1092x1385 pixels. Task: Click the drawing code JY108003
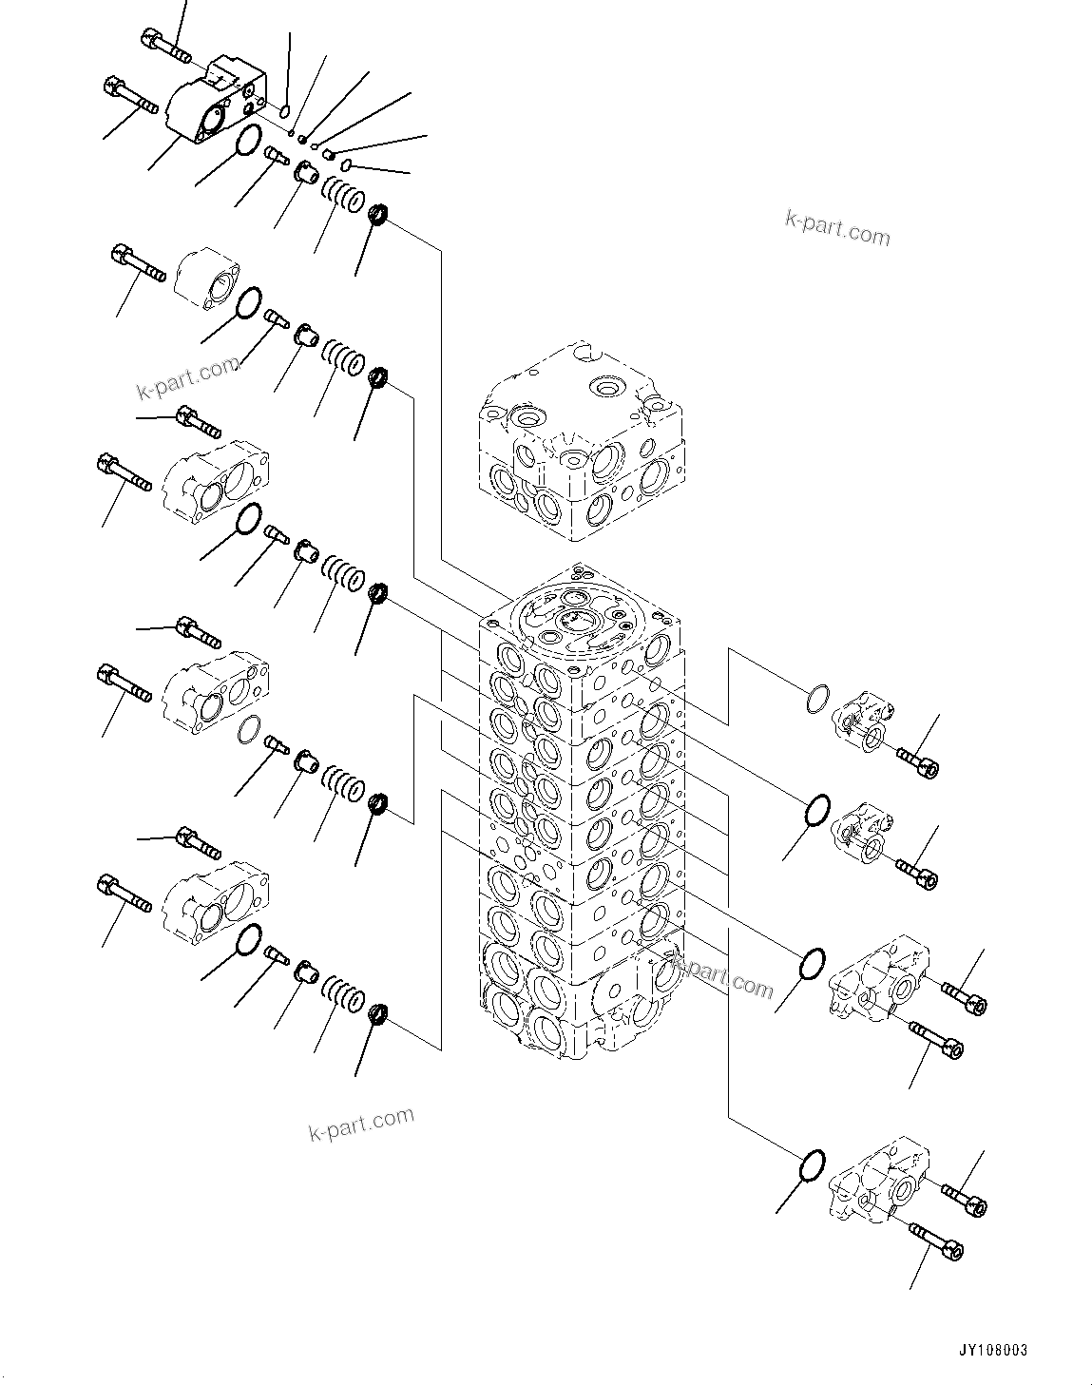(993, 1350)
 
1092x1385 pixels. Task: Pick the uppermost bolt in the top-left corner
(165, 45)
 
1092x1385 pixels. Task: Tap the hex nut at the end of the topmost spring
(377, 216)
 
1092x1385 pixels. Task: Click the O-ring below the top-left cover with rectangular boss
(247, 141)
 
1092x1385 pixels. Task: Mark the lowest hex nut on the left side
(377, 1014)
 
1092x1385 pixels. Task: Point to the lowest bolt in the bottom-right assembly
(936, 1239)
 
